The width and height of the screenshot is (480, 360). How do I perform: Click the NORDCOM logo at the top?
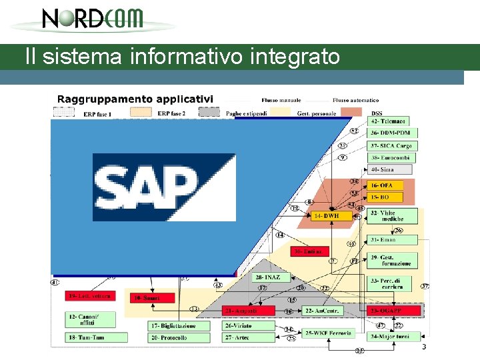[x=93, y=18]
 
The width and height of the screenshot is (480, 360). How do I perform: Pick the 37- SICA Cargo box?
[x=391, y=146]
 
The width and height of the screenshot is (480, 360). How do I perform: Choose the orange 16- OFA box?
[x=387, y=185]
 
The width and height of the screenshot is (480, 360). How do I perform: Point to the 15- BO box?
[x=387, y=197]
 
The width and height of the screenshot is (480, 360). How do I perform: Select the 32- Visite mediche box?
[x=393, y=216]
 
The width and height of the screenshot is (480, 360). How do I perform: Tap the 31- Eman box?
[x=392, y=240]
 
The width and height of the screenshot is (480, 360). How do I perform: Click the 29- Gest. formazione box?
[x=393, y=261]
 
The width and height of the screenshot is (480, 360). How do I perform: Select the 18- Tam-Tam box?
[x=91, y=338]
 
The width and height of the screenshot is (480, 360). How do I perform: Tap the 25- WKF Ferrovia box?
[x=328, y=333]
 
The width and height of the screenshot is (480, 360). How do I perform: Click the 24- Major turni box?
[x=393, y=337]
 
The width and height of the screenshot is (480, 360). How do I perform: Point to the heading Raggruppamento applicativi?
[x=135, y=99]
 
